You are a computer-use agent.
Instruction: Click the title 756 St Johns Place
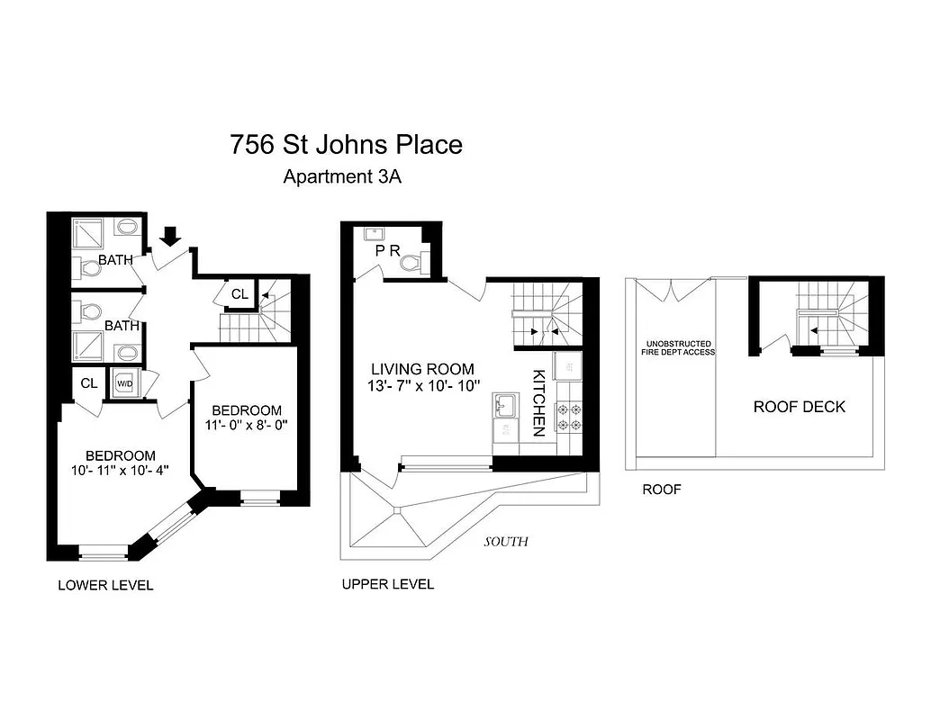tap(346, 144)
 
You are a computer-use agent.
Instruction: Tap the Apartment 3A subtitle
tap(341, 176)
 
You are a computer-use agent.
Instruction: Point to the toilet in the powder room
tap(411, 263)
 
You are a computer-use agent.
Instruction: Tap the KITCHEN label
tap(538, 402)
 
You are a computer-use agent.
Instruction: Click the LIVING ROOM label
tap(422, 369)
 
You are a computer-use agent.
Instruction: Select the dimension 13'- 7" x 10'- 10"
tap(422, 388)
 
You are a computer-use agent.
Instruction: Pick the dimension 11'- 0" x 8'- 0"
tap(241, 427)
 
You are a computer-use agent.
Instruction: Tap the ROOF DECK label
tap(799, 407)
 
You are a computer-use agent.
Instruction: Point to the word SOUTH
tap(505, 542)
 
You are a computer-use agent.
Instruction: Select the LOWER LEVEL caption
tap(105, 585)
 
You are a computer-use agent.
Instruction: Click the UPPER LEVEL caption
tap(387, 584)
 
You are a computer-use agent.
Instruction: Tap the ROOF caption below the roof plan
tap(661, 490)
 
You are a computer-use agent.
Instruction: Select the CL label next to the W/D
tap(88, 382)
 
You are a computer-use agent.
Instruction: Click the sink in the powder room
tap(374, 233)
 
